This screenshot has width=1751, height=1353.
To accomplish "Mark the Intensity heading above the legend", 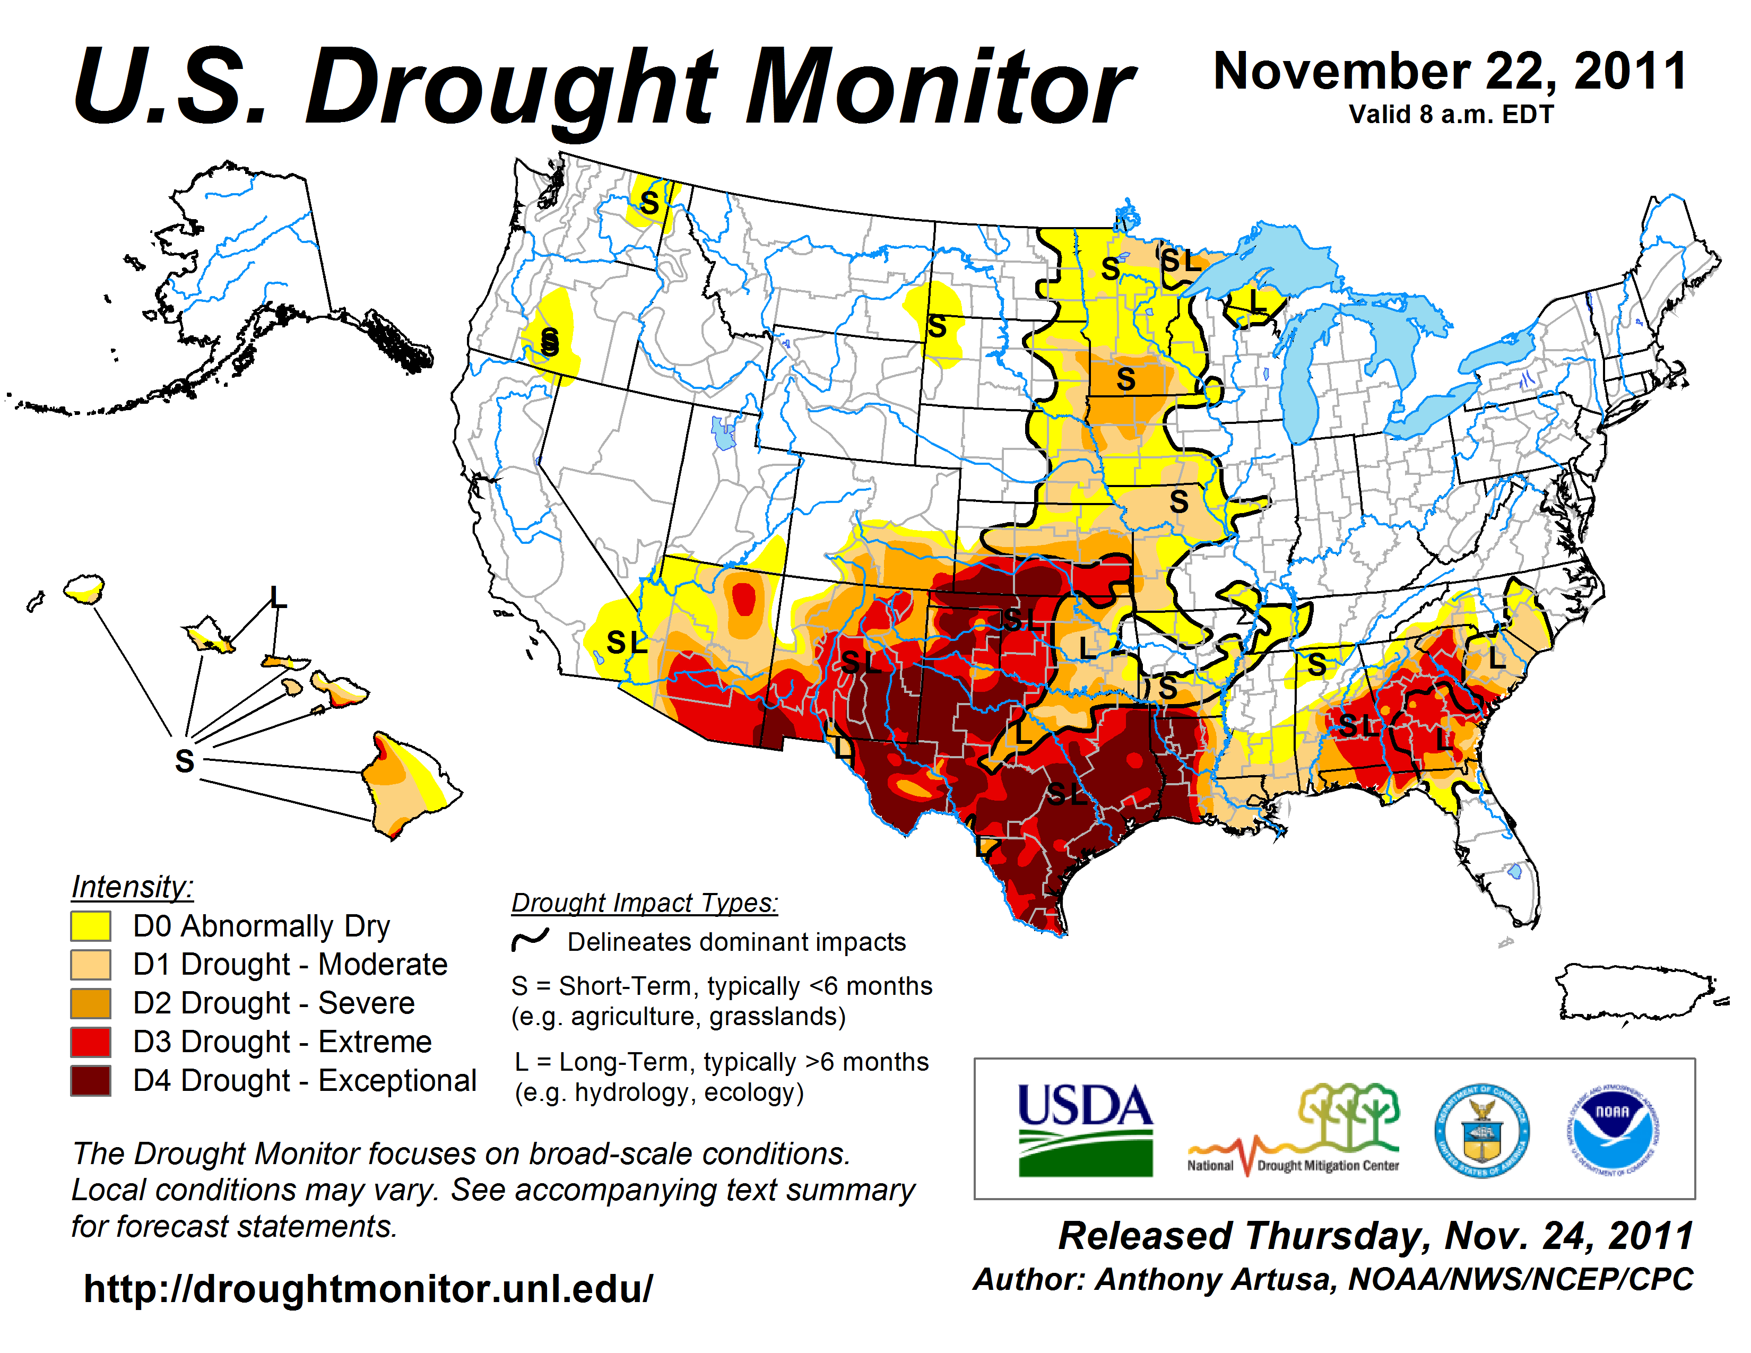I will (x=132, y=887).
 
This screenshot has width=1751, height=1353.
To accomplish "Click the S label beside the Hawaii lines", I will (x=185, y=760).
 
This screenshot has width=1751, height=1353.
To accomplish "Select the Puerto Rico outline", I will (x=1635, y=992).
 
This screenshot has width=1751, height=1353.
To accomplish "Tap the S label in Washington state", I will (x=649, y=203).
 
